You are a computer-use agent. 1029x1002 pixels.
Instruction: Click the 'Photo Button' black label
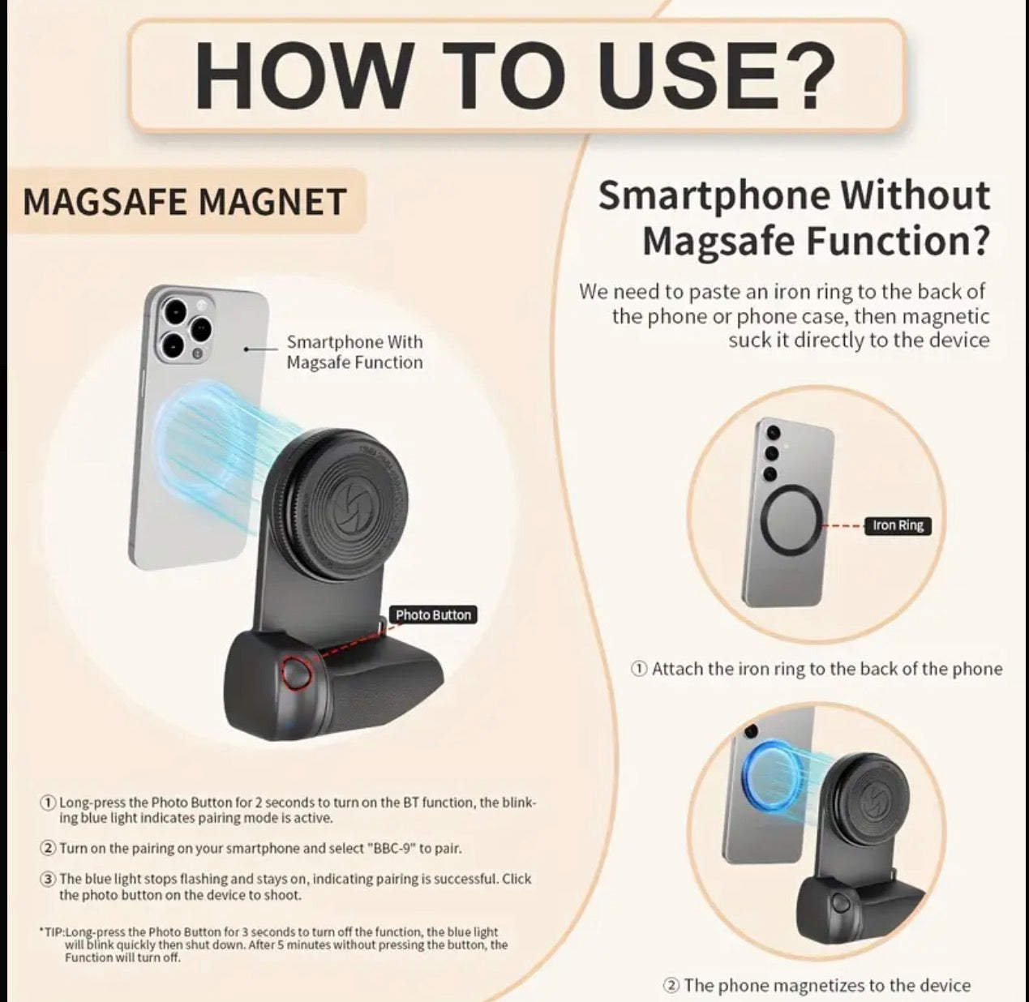[x=433, y=615]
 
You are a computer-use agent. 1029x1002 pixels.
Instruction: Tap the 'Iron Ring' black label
[x=898, y=525]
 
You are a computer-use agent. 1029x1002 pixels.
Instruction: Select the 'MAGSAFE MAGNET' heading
[x=185, y=202]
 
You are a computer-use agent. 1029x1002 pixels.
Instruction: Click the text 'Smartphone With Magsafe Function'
[x=355, y=352]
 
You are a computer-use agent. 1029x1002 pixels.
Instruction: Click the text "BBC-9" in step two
[x=391, y=849]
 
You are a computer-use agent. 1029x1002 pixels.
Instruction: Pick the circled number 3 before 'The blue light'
[x=48, y=879]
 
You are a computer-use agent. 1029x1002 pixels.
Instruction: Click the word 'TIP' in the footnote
[x=54, y=931]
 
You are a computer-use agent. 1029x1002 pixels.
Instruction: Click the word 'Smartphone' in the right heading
[x=714, y=195]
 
